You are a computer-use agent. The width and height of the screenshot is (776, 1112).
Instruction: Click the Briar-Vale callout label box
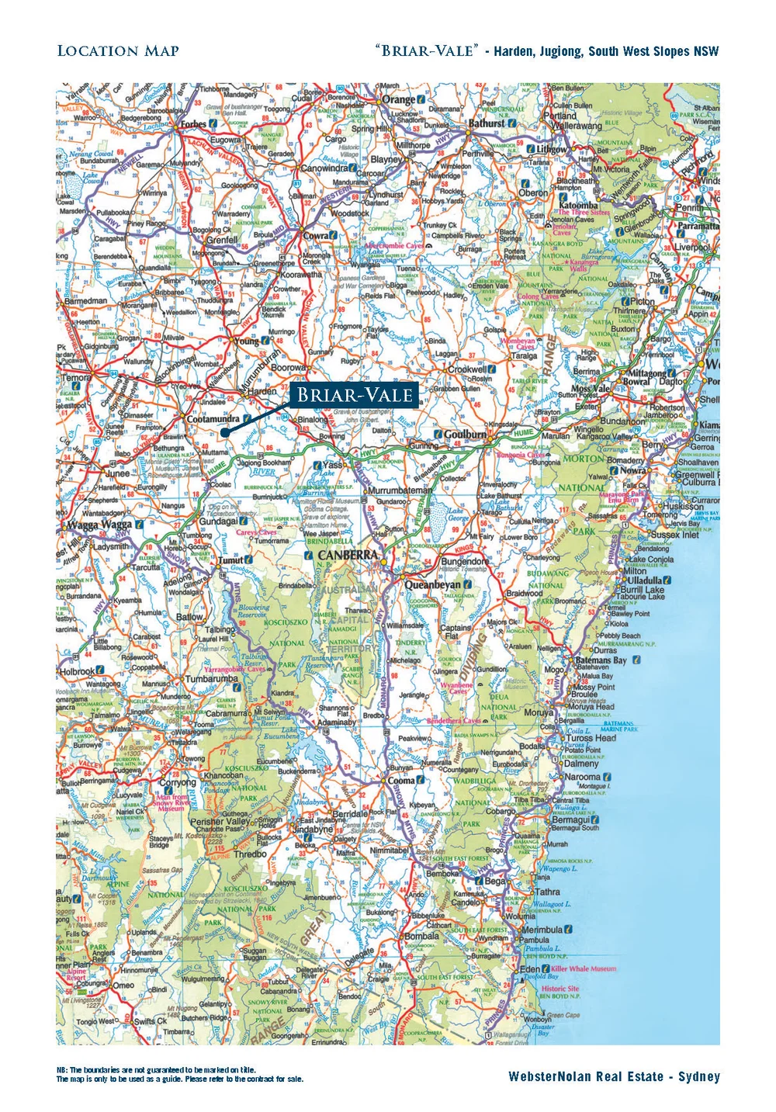tap(355, 394)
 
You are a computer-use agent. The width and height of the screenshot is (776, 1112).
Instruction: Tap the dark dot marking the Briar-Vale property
tap(223, 431)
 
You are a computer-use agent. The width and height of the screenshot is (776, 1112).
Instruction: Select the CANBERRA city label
tap(348, 556)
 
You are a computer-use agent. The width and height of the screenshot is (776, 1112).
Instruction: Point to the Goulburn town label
tap(465, 435)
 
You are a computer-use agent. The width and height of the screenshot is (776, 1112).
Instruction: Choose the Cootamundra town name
tap(213, 419)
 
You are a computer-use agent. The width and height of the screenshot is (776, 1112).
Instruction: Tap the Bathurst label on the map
tap(487, 123)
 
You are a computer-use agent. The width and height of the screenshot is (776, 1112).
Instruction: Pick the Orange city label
tap(398, 99)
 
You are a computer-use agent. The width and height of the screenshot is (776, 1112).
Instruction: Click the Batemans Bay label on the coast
tap(601, 660)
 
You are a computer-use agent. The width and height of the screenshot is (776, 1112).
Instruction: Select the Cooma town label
tap(401, 781)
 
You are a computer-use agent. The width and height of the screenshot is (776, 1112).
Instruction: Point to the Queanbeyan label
tap(432, 584)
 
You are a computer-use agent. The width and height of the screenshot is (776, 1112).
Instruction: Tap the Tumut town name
tap(230, 559)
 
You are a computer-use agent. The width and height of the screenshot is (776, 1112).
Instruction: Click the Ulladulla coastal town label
tap(645, 580)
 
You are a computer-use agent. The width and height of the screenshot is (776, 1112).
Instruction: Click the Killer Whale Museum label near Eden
tap(584, 968)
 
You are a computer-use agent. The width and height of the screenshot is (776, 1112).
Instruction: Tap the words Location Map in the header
tap(118, 51)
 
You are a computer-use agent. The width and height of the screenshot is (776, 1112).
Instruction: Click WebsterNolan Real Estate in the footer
tap(614, 1076)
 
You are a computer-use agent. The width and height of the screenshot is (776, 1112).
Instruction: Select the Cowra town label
tap(316, 236)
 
